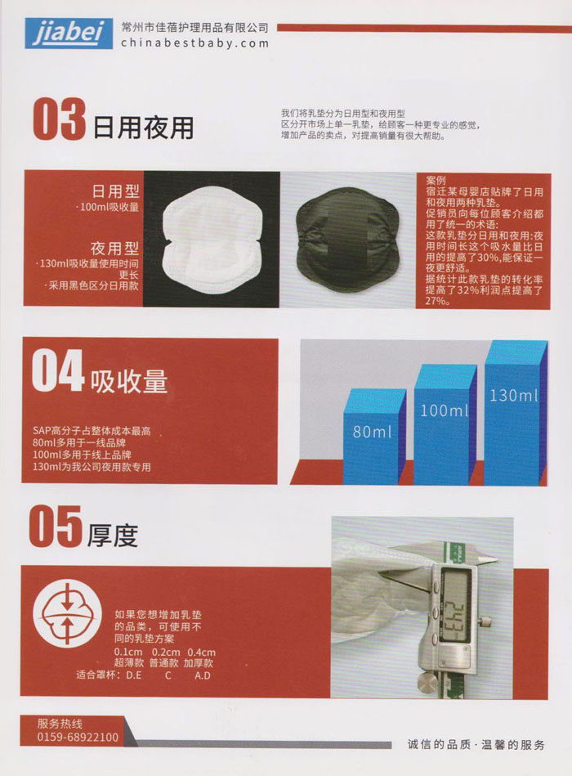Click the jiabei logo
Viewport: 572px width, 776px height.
coord(69,33)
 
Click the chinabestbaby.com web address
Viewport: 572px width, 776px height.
coord(195,43)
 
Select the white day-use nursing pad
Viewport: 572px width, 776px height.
coord(212,239)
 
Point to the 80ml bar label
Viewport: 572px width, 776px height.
coord(372,432)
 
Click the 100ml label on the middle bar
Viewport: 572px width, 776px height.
coord(444,410)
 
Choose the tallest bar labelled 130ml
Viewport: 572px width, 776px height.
coord(515,413)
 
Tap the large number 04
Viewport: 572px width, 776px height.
coord(57,371)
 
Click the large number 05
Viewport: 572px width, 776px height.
coord(56,526)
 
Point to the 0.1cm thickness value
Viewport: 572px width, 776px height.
coord(128,652)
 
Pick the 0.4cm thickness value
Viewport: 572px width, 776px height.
coord(201,652)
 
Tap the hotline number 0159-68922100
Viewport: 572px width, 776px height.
coord(78,738)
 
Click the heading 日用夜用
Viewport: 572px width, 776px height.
coord(143,128)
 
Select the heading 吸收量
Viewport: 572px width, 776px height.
coord(129,381)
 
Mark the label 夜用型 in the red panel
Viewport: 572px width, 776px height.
coord(114,248)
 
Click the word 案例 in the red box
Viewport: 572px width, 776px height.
coord(436,181)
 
